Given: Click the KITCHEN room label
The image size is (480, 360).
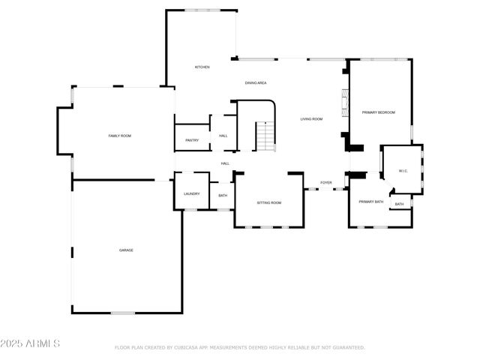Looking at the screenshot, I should (202, 67).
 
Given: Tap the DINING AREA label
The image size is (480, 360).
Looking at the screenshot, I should (256, 82).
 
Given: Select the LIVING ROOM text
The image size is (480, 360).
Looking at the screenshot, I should (312, 118).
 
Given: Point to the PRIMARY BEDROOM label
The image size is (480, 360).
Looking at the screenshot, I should (378, 112).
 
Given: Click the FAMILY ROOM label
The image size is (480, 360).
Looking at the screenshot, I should (120, 136).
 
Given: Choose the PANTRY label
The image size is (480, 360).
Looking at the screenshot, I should (192, 140).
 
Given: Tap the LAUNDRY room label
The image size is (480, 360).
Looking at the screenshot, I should (192, 193).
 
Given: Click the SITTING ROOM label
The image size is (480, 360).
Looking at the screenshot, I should (269, 202).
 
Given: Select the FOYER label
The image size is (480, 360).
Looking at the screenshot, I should (326, 182).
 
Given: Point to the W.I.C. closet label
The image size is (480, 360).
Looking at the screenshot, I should (402, 171).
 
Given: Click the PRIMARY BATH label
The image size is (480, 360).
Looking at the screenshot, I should (370, 202).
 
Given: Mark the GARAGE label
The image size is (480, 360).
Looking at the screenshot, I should (126, 250).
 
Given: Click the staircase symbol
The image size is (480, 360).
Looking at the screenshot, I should (265, 136).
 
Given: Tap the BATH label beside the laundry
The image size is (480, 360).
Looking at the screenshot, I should (223, 196).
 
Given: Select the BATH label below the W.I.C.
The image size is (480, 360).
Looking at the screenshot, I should (399, 204).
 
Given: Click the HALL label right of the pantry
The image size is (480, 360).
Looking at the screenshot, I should (223, 136).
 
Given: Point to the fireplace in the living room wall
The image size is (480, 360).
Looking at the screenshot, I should (345, 101).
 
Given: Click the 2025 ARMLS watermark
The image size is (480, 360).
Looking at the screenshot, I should (31, 343).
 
